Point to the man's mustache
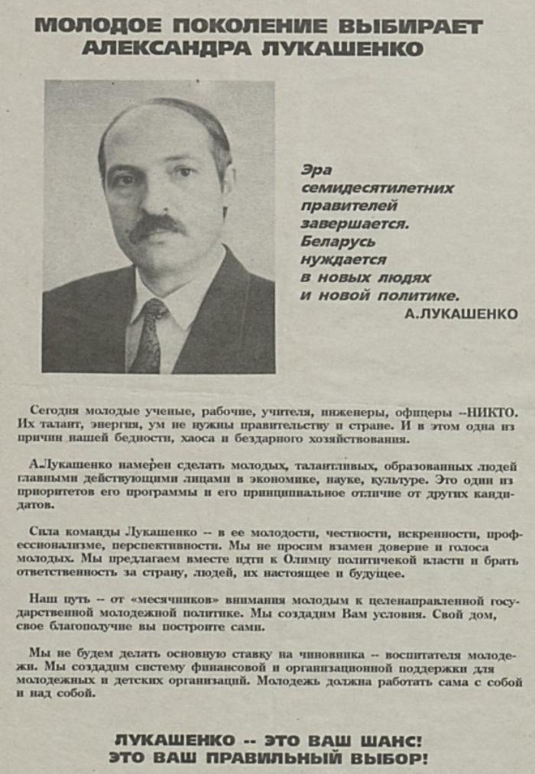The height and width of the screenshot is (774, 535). tap(157, 225)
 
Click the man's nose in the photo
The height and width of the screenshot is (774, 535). tap(157, 199)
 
